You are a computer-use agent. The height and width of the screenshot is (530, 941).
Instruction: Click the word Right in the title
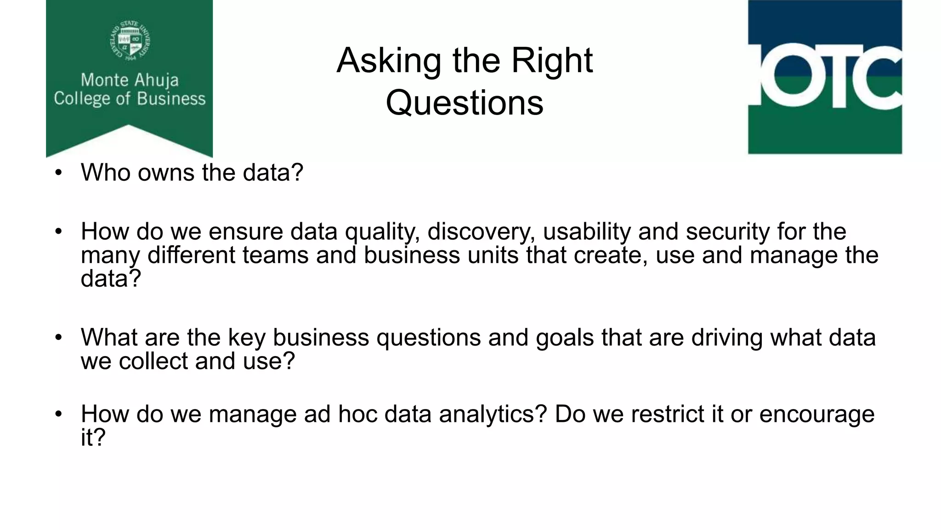552,61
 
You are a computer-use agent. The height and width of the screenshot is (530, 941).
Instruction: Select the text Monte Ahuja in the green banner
130,80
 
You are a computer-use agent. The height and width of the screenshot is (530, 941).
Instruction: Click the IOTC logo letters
825,76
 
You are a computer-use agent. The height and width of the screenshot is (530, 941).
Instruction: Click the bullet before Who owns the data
58,173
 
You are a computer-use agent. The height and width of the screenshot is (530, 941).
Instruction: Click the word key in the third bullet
247,338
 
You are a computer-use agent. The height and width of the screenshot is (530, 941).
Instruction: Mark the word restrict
668,414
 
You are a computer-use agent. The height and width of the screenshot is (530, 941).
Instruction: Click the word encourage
816,414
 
